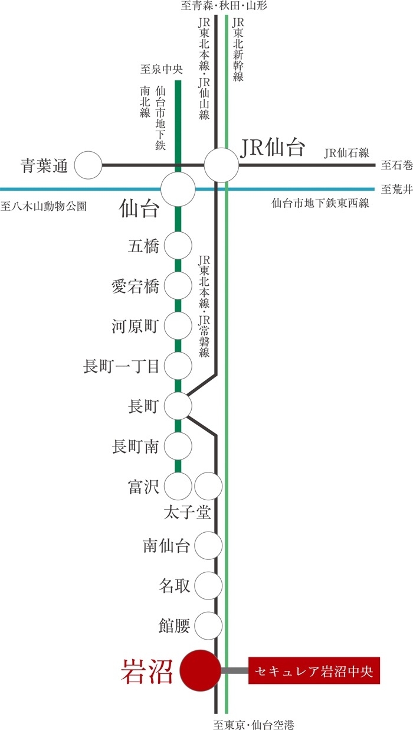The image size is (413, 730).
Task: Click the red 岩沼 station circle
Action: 199,671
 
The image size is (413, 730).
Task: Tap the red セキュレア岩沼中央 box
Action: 314,671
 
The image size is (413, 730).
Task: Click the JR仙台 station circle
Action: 221,165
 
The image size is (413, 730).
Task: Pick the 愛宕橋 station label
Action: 135,287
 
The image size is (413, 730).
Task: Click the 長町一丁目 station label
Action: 122,366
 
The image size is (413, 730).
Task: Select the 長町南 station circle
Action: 178,446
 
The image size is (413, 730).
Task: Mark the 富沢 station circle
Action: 178,486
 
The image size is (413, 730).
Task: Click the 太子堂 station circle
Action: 208,486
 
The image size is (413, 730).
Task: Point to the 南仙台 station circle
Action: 208,546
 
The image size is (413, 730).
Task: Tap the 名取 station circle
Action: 208,586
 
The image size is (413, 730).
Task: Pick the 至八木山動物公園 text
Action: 44,207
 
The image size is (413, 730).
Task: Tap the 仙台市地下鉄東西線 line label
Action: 320,204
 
